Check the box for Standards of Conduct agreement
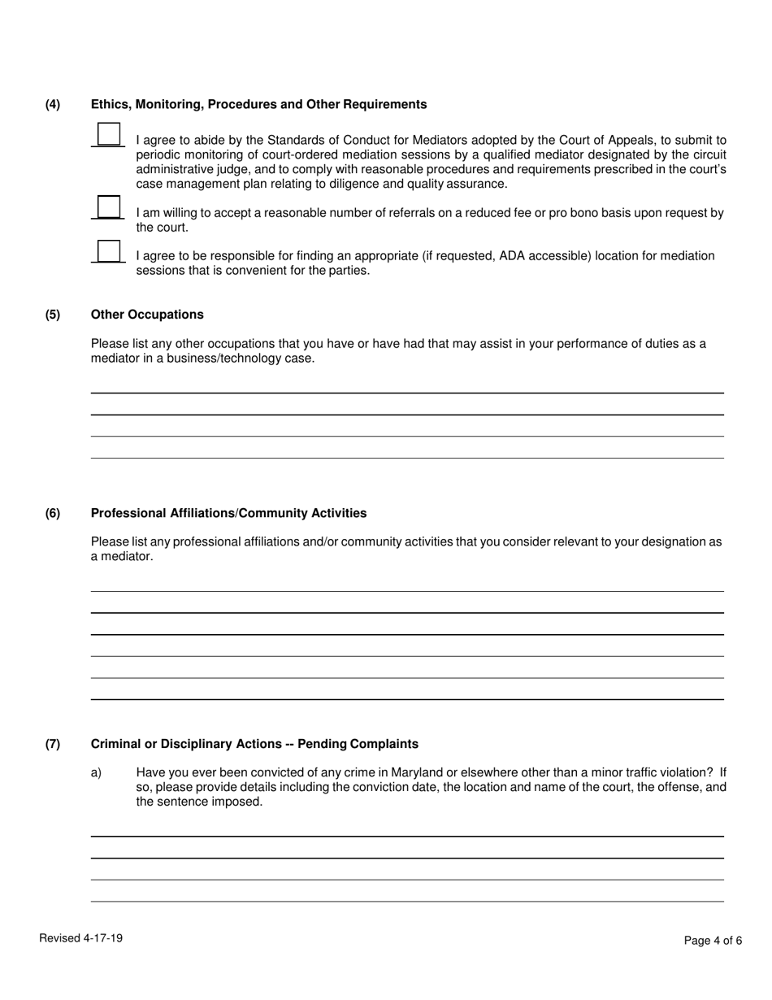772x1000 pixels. (x=109, y=134)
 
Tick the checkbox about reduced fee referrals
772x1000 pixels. (x=109, y=207)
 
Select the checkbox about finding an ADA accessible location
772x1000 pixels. (x=109, y=251)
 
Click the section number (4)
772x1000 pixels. (x=53, y=105)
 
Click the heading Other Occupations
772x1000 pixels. (x=147, y=315)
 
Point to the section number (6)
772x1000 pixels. (x=53, y=514)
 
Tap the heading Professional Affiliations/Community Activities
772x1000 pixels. (x=228, y=514)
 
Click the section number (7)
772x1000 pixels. (x=53, y=744)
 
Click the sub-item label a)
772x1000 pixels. (x=96, y=772)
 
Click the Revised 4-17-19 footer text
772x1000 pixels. (x=81, y=939)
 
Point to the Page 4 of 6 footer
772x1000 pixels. (x=713, y=941)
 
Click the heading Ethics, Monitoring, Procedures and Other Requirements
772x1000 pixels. (x=258, y=105)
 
